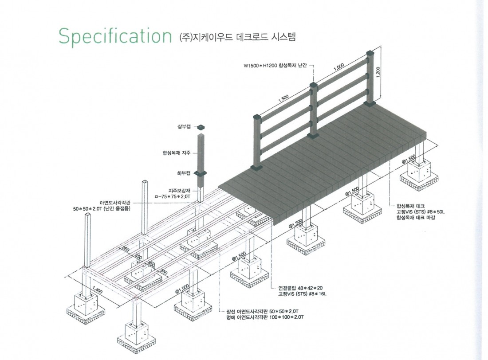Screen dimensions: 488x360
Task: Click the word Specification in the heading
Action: tap(115, 36)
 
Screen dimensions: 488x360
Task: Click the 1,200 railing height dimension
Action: tap(378, 73)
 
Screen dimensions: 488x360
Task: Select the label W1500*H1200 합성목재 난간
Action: tap(275, 66)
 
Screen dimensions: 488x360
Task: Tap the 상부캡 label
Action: tap(184, 127)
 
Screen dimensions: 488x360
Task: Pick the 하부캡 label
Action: tap(184, 173)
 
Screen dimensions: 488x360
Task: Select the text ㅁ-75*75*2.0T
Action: tap(172, 196)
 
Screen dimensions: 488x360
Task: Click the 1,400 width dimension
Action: tap(98, 290)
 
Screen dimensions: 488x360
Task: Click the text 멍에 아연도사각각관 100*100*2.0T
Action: tap(265, 317)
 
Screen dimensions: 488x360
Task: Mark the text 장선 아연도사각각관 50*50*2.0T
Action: tap(263, 311)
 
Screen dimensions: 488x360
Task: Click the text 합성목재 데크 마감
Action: tap(416, 217)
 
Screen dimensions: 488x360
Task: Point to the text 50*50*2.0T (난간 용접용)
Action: tap(102, 208)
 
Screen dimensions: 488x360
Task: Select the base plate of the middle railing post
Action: tap(313, 135)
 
